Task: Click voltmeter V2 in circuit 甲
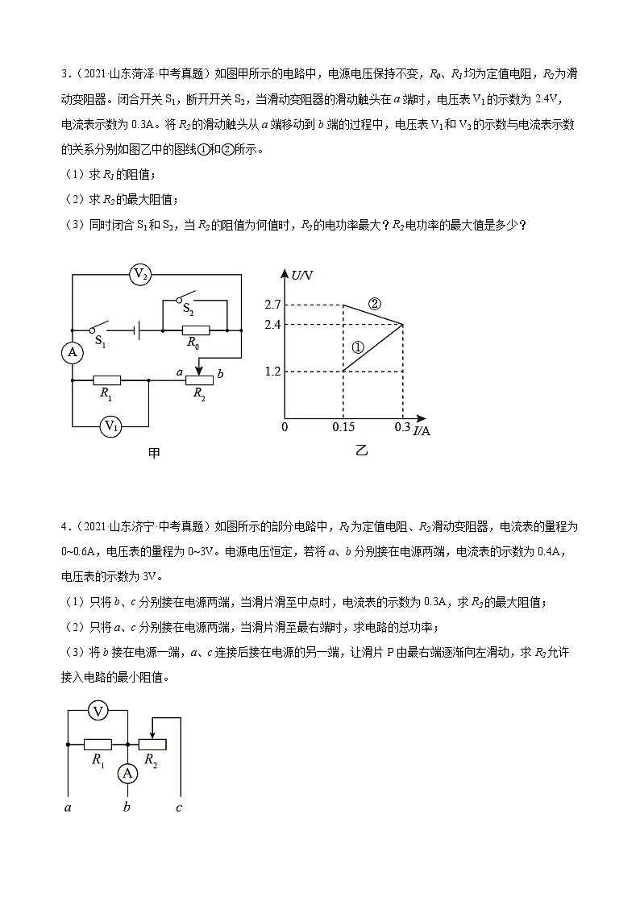(141, 275)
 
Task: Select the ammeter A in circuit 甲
(73, 352)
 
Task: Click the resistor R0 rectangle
(196, 330)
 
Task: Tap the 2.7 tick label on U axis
(272, 305)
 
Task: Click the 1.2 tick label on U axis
(272, 372)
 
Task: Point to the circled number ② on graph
(374, 304)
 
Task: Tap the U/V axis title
(302, 276)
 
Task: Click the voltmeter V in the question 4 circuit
(98, 711)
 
